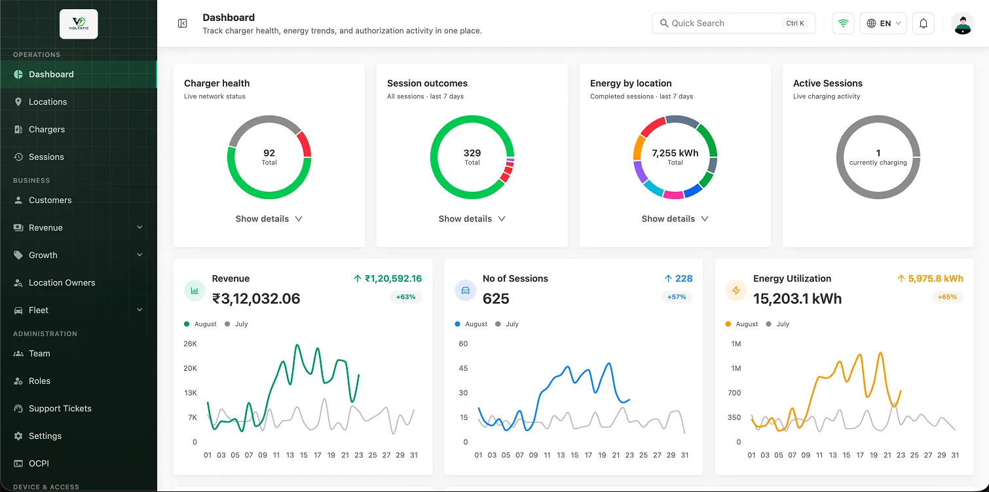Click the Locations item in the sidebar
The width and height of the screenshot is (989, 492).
[48, 102]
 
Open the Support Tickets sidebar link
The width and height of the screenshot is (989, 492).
[60, 409]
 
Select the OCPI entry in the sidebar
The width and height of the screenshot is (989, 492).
[39, 463]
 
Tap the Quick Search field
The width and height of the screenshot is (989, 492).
[734, 24]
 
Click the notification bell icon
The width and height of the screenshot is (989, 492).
[924, 24]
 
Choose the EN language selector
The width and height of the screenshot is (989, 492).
[883, 24]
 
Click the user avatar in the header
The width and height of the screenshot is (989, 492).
[963, 24]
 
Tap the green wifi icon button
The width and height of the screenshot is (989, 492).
[844, 24]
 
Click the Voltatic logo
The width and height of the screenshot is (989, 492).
[79, 24]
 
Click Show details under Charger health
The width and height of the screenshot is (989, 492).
[269, 219]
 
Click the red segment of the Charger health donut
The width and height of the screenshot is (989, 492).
[305, 143]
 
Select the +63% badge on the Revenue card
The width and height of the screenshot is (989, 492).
[406, 297]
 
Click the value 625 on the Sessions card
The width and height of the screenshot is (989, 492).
[496, 299]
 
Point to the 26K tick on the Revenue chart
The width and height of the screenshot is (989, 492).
[191, 343]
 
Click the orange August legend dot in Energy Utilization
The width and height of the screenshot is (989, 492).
[728, 324]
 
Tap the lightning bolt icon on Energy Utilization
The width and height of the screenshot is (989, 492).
[736, 291]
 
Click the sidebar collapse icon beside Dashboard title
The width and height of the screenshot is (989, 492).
[182, 24]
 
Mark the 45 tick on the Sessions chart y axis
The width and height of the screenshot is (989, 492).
[463, 368]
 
